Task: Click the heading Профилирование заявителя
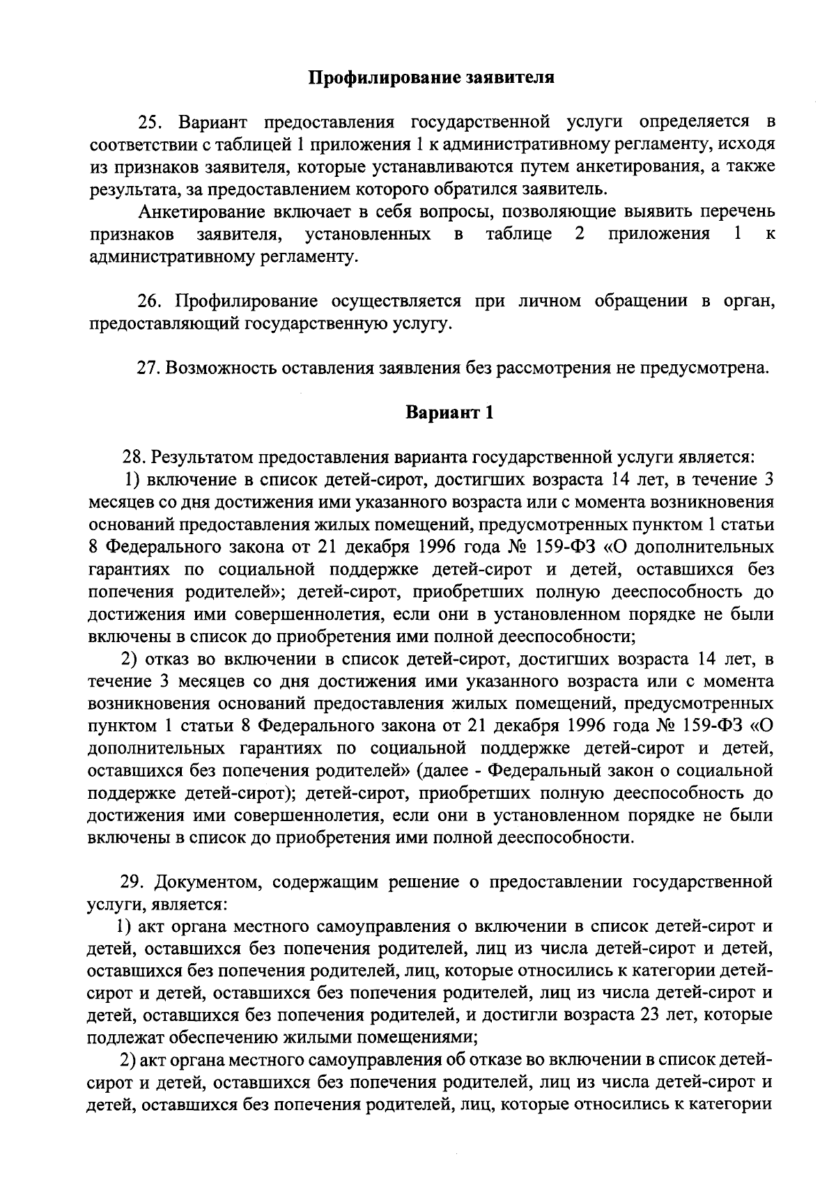coord(432,77)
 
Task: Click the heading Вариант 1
coord(450,413)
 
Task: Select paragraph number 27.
coord(148,368)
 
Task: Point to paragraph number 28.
coord(135,458)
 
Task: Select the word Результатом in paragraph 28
coord(203,458)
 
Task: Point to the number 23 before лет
coord(651,1016)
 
